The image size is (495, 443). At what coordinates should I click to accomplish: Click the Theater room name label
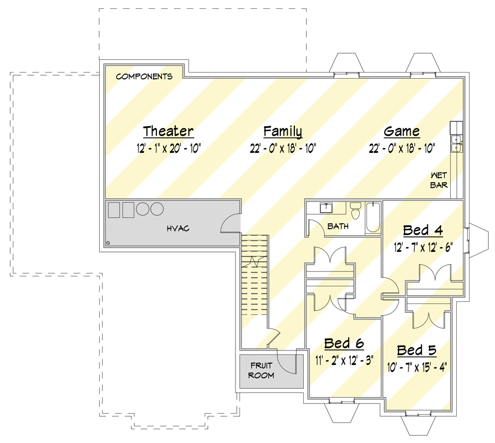pyautogui.click(x=169, y=131)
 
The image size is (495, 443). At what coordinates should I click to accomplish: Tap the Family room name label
pyautogui.click(x=283, y=131)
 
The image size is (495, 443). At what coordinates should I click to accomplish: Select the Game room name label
pyautogui.click(x=401, y=131)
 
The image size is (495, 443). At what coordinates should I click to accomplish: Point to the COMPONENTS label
pyautogui.click(x=144, y=76)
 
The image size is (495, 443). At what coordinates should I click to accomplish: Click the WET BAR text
pyautogui.click(x=439, y=180)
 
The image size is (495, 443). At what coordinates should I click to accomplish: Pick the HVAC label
pyautogui.click(x=178, y=228)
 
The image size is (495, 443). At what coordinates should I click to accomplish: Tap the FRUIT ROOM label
pyautogui.click(x=261, y=370)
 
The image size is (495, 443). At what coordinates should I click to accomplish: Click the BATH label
pyautogui.click(x=338, y=226)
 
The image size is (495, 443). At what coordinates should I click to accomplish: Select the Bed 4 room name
pyautogui.click(x=423, y=230)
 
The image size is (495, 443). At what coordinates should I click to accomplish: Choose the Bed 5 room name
pyautogui.click(x=417, y=351)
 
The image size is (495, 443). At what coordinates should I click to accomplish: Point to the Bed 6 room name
pyautogui.click(x=344, y=343)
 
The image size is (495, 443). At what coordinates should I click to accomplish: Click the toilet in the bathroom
pyautogui.click(x=355, y=210)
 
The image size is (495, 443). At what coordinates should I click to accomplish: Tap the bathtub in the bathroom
pyautogui.click(x=373, y=218)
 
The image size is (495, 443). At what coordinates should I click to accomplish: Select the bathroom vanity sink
pyautogui.click(x=326, y=208)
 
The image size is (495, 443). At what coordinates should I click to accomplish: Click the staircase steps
pyautogui.click(x=255, y=275)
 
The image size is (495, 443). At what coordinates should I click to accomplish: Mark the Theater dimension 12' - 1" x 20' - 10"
pyautogui.click(x=169, y=148)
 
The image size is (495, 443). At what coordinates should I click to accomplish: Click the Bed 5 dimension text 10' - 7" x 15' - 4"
pyautogui.click(x=417, y=367)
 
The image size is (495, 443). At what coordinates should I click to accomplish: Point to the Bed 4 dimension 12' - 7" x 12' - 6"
pyautogui.click(x=423, y=248)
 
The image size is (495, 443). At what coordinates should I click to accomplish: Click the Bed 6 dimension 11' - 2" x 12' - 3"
pyautogui.click(x=344, y=360)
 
